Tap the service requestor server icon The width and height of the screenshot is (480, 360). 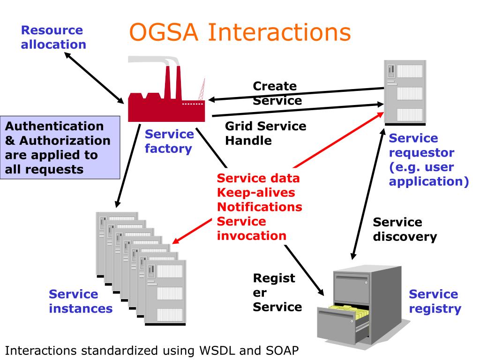[405, 93]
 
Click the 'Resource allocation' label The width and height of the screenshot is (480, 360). [53, 37]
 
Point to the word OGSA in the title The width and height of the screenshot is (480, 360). [164, 32]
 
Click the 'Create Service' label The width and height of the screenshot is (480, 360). [277, 93]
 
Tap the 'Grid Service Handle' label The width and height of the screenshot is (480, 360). [265, 133]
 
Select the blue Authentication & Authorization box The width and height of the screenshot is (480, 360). [60, 148]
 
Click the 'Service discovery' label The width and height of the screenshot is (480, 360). [405, 229]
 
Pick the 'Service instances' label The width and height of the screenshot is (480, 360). [81, 301]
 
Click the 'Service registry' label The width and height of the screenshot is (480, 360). [435, 301]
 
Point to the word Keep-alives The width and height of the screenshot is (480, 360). [256, 193]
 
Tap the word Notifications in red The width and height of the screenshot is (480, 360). [260, 207]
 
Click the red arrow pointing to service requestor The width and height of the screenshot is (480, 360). [338, 140]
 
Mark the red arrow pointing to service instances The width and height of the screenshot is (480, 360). [192, 231]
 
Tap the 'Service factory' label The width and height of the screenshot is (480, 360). [169, 141]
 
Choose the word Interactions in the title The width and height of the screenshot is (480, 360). [279, 32]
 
